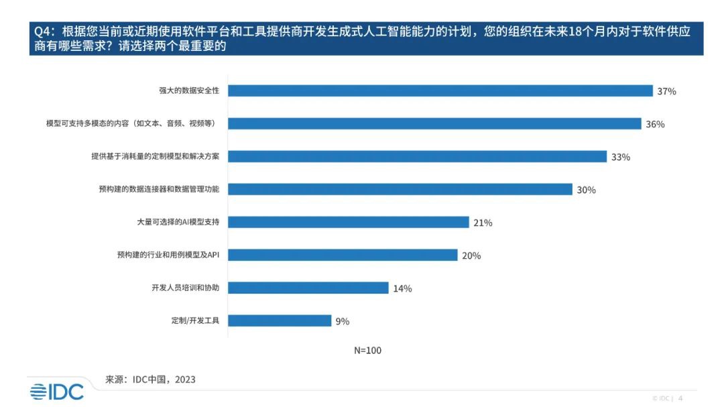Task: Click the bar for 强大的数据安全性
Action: click(440, 91)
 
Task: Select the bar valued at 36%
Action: click(435, 123)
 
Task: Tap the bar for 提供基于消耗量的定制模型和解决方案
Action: click(418, 156)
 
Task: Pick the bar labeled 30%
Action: click(400, 189)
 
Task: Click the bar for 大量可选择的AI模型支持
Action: click(349, 222)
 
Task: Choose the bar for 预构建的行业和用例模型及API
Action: click(343, 255)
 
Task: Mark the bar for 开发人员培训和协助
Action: click(308, 288)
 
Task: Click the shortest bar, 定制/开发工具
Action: click(280, 321)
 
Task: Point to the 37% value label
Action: click(666, 91)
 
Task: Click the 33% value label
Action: click(621, 157)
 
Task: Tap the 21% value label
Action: click(483, 223)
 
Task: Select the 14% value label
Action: click(402, 288)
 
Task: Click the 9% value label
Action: click(343, 321)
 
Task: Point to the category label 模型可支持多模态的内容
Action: click(135, 123)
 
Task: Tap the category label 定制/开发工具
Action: click(195, 321)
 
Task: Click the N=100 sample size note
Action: click(367, 350)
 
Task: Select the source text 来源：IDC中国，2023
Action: click(150, 380)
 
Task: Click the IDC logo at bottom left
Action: click(57, 392)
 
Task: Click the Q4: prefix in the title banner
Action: click(46, 31)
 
